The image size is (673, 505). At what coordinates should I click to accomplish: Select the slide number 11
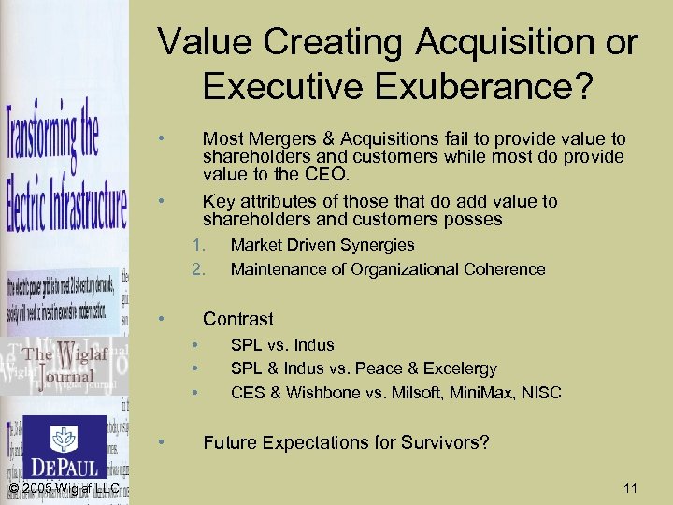click(629, 488)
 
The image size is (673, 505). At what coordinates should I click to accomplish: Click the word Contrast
click(238, 319)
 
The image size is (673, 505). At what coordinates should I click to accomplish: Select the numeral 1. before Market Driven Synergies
click(197, 245)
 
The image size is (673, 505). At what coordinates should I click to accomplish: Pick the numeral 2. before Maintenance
click(197, 269)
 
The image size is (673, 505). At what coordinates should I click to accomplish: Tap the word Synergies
click(379, 245)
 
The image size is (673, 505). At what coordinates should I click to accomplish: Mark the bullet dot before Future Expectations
click(163, 440)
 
